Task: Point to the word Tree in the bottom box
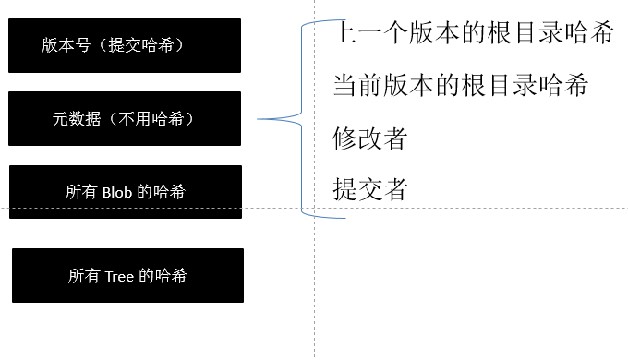(x=118, y=275)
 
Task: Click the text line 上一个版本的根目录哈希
(x=473, y=35)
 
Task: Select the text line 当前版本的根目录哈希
(x=460, y=87)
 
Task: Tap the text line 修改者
(x=369, y=138)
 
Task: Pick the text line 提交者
(x=369, y=189)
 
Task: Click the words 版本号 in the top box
(x=66, y=44)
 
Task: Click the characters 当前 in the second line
(x=357, y=87)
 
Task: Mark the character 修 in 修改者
(x=344, y=138)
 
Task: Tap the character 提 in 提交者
(x=344, y=189)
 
